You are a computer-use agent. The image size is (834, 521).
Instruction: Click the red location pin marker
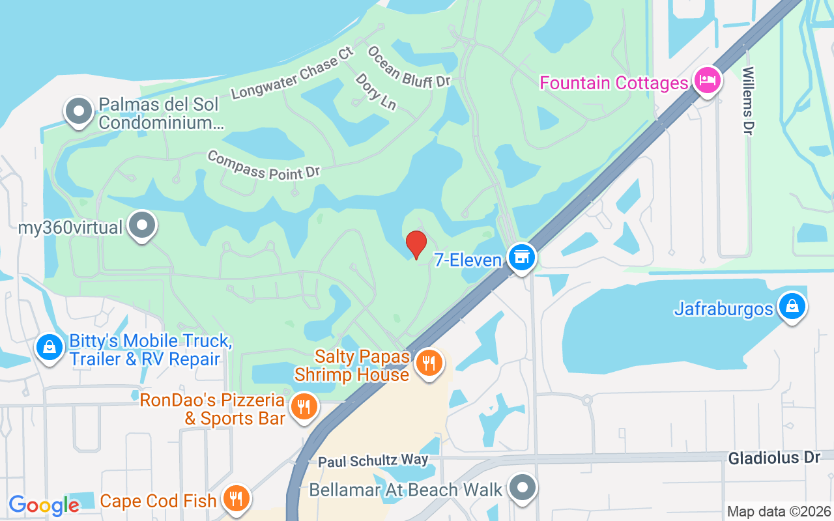click(416, 244)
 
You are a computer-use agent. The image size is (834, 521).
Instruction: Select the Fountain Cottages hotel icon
click(707, 81)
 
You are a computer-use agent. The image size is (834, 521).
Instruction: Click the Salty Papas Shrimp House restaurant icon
click(428, 363)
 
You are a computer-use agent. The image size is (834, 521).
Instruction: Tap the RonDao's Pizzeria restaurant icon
click(303, 407)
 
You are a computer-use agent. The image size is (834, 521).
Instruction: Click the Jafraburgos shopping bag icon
click(792, 306)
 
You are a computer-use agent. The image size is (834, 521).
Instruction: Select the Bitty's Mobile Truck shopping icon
click(49, 347)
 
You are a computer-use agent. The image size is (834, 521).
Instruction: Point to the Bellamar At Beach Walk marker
click(522, 488)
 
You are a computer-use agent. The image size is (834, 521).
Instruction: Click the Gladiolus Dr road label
click(774, 458)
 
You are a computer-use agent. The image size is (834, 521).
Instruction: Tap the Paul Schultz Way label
click(373, 461)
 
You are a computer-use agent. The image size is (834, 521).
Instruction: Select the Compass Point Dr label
click(264, 165)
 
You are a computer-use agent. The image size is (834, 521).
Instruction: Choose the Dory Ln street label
click(376, 91)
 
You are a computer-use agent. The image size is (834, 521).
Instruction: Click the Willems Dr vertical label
click(748, 101)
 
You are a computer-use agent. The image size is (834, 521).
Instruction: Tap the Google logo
click(44, 505)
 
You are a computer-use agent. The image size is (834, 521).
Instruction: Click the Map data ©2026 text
click(779, 511)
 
